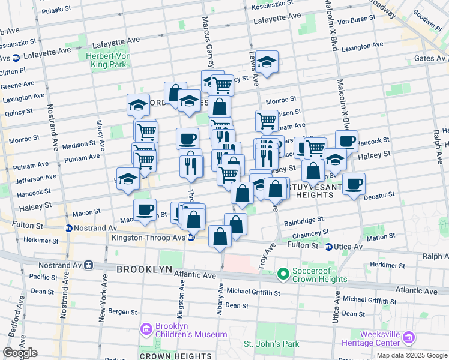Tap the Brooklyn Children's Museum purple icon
coord(145,329)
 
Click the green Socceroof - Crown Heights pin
coord(283,275)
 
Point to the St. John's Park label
coord(271,344)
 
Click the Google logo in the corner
coord(19,353)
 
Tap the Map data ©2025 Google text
coord(412,355)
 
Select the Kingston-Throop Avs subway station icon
coord(191,238)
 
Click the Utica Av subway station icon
coord(329,247)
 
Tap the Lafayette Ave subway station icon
coord(16,58)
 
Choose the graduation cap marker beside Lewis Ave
coord(267,62)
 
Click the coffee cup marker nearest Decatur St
coord(354,184)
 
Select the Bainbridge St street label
coord(304,220)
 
